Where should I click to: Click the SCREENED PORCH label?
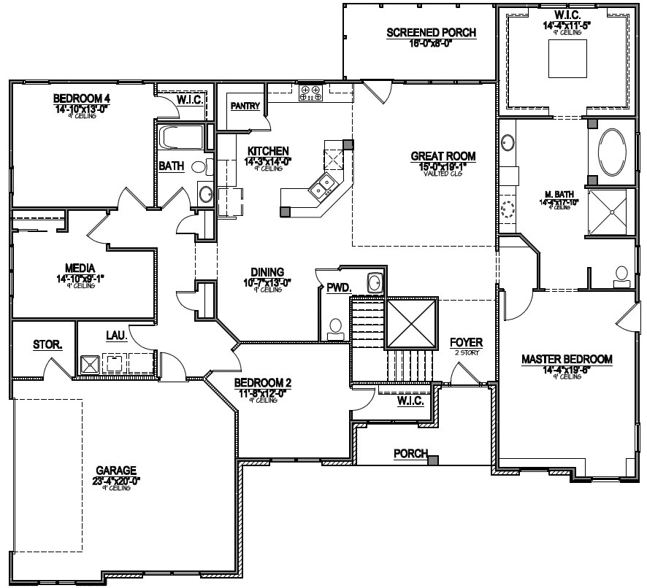click(431, 32)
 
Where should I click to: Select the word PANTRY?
click(245, 106)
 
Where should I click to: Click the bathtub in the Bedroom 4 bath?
click(183, 137)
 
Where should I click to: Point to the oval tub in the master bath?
click(611, 152)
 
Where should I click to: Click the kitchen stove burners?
click(310, 92)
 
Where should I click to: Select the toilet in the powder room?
click(336, 328)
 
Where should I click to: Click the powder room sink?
click(375, 282)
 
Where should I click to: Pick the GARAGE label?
click(116, 471)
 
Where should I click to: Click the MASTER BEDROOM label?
click(566, 359)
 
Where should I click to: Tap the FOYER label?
click(464, 341)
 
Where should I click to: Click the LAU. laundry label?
click(117, 336)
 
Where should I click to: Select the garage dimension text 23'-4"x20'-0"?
click(116, 480)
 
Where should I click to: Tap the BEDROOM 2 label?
click(263, 382)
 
